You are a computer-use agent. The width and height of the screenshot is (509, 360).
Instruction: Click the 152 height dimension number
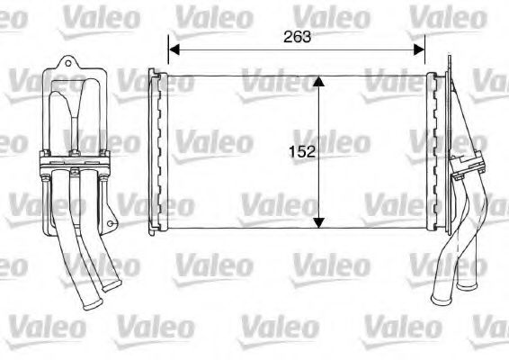303,152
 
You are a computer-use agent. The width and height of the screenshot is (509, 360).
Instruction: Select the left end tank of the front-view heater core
158,150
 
